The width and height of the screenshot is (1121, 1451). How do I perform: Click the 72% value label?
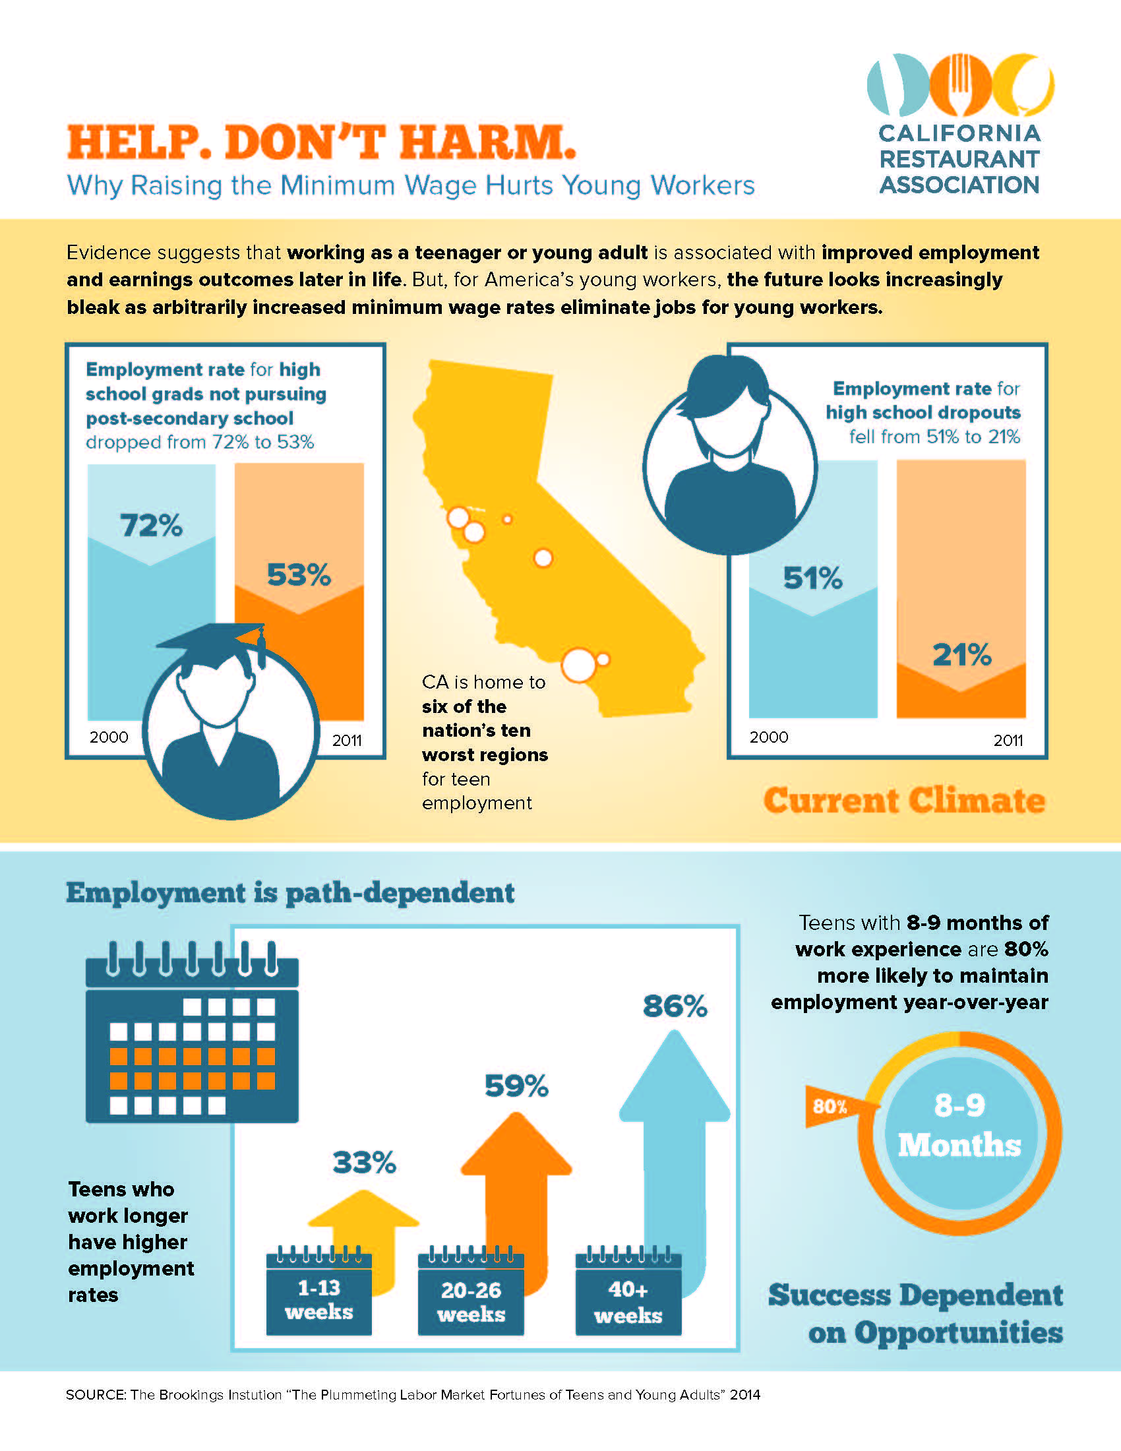point(152,526)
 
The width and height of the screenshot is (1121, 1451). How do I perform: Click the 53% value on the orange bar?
point(299,575)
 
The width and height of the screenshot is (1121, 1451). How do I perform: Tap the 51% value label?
point(813,578)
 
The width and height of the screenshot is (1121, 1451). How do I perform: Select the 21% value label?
point(961,656)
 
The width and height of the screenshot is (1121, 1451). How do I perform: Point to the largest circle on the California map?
point(578,664)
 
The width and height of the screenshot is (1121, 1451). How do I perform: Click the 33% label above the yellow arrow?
point(364,1163)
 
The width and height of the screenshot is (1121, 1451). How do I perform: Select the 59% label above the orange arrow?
point(516,1086)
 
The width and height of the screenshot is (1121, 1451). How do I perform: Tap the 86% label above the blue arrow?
point(675,1006)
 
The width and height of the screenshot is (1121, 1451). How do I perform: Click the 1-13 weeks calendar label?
point(318,1300)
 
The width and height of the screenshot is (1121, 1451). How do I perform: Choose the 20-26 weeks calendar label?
point(471,1302)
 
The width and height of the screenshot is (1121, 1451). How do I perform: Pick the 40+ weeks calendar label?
point(628,1302)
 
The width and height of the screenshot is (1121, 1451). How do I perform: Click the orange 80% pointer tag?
point(832,1106)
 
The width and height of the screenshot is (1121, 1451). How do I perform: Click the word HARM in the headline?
point(487,142)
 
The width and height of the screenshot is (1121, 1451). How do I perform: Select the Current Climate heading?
point(905,801)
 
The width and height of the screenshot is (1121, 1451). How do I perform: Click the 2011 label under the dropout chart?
point(1008,741)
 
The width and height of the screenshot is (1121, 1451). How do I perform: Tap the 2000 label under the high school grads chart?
point(109,737)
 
